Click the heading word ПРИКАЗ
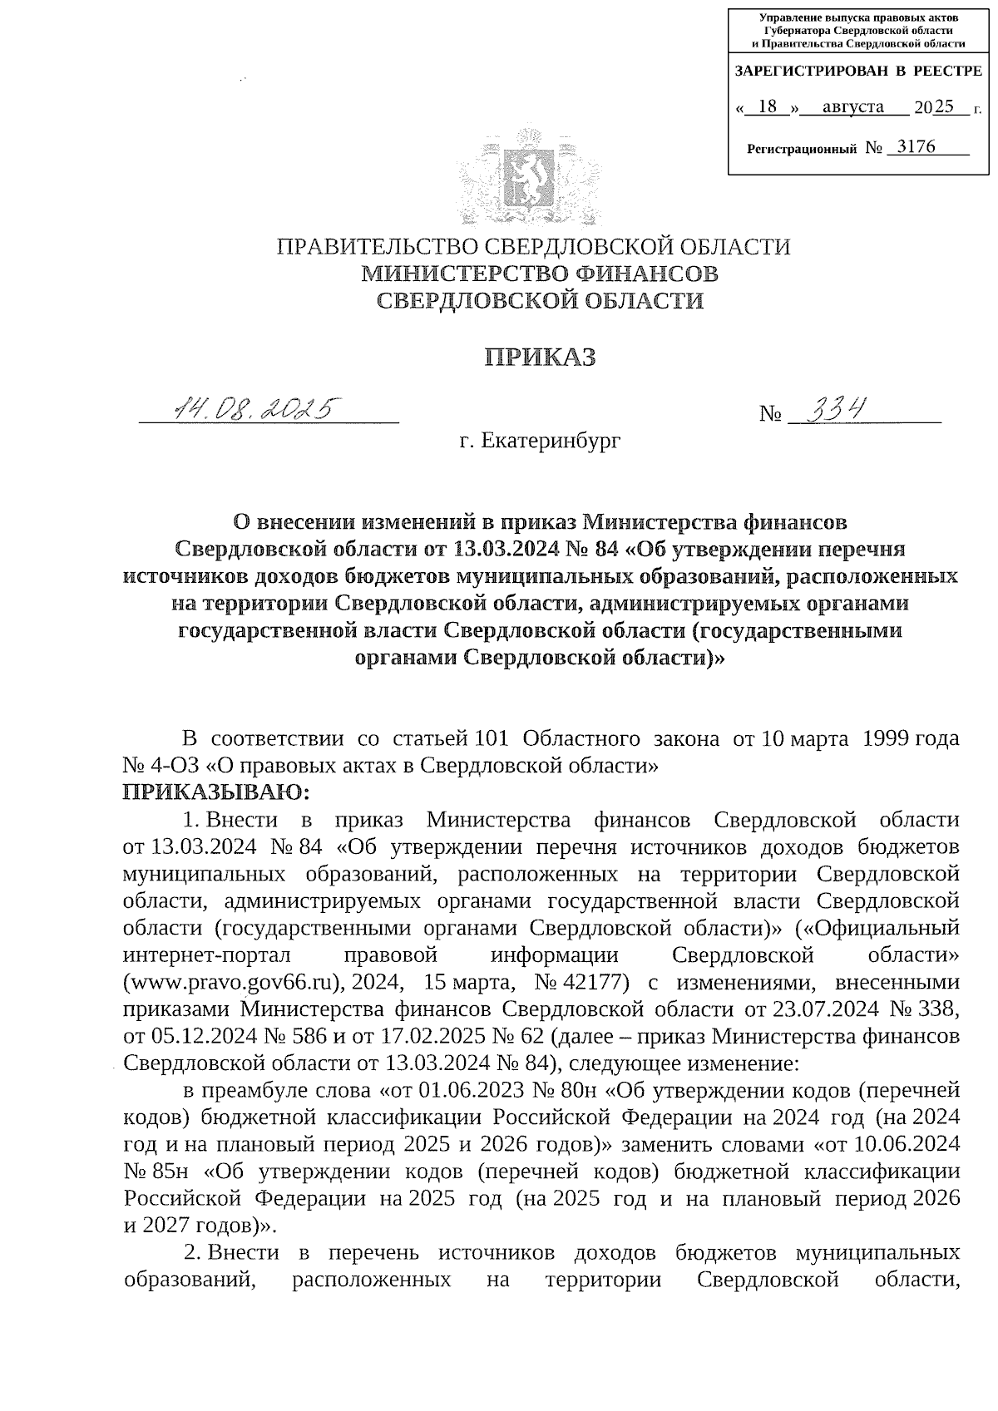[x=540, y=357]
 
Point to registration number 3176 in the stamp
[x=912, y=148]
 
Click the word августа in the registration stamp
[x=852, y=106]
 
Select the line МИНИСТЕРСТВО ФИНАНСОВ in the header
[x=540, y=273]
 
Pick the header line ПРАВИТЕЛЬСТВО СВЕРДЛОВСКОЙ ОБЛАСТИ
[x=533, y=247]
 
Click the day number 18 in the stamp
[x=768, y=106]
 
